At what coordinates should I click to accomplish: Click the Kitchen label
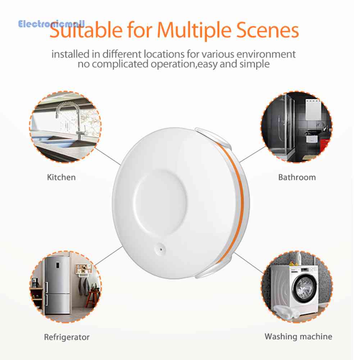[61, 177]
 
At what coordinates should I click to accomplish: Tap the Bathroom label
[297, 177]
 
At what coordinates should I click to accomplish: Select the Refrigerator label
[67, 337]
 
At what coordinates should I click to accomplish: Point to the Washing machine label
[298, 337]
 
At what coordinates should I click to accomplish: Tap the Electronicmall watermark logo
[51, 24]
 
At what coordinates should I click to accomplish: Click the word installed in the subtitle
[70, 55]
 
